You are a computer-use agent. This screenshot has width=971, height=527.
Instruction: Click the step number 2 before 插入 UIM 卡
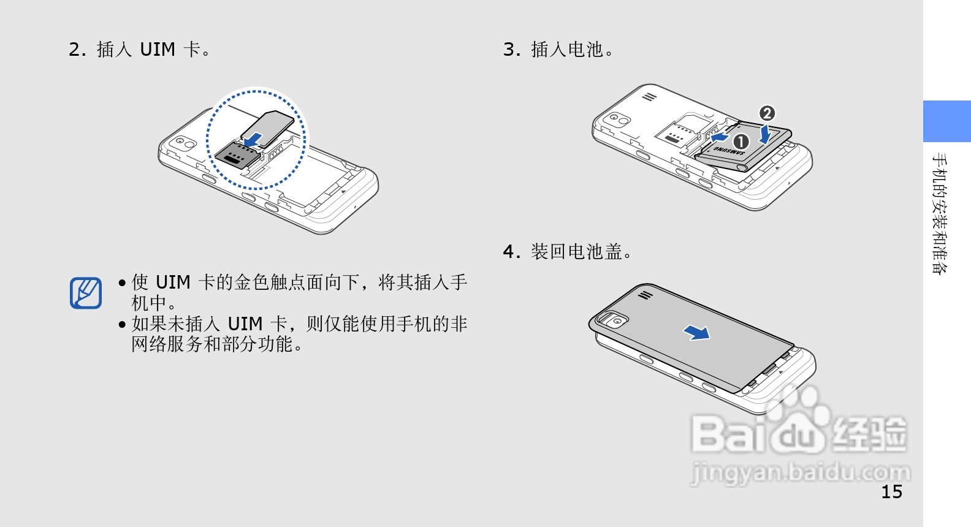coord(75,50)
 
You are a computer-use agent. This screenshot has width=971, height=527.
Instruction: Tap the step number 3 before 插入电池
coord(509,50)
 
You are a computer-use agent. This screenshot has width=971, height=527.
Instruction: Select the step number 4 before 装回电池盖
coord(509,252)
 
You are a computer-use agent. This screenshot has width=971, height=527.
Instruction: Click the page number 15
coord(891,491)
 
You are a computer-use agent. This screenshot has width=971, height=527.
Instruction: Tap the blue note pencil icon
coord(86,293)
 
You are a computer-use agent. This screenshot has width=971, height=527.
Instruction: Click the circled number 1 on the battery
coord(741,142)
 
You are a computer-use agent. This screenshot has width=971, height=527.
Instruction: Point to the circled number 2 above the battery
coord(767,113)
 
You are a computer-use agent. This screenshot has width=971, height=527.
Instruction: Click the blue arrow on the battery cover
coord(697,332)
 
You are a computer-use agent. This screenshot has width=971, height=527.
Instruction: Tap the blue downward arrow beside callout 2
coord(764,133)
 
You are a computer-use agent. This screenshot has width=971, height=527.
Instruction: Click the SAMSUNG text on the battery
coord(728,150)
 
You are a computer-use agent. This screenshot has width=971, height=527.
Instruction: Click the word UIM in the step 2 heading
coord(158,50)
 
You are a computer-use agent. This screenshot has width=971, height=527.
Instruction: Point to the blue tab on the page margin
coord(946,121)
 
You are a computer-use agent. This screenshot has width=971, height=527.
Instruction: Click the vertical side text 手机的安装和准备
coord(939,214)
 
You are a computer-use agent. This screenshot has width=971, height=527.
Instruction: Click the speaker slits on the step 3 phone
coord(649,97)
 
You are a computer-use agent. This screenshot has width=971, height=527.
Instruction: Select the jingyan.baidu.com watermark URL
coord(801,472)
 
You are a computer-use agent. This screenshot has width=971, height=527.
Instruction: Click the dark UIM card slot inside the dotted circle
coord(235,157)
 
